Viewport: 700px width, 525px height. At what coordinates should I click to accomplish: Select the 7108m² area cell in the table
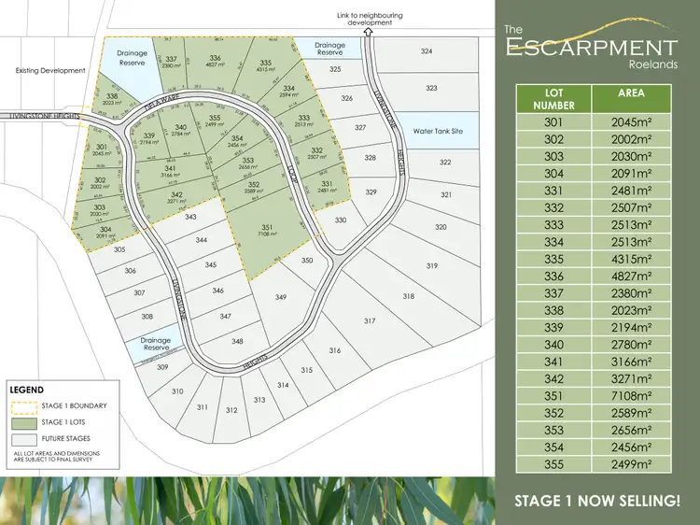point(631,394)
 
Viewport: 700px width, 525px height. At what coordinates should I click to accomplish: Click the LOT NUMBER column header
point(553,99)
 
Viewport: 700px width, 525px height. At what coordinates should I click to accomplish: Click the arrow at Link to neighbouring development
point(369,30)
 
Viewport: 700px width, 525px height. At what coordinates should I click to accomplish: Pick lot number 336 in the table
point(553,277)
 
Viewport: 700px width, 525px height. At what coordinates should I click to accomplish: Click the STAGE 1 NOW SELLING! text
point(598,502)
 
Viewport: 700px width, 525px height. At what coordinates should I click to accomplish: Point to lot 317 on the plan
point(370,320)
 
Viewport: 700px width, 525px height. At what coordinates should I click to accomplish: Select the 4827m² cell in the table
point(631,277)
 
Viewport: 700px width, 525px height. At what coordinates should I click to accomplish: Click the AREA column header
point(631,93)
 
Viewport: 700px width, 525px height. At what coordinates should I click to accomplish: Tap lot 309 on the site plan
point(161,367)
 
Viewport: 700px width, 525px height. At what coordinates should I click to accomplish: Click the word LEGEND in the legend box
point(26,389)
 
